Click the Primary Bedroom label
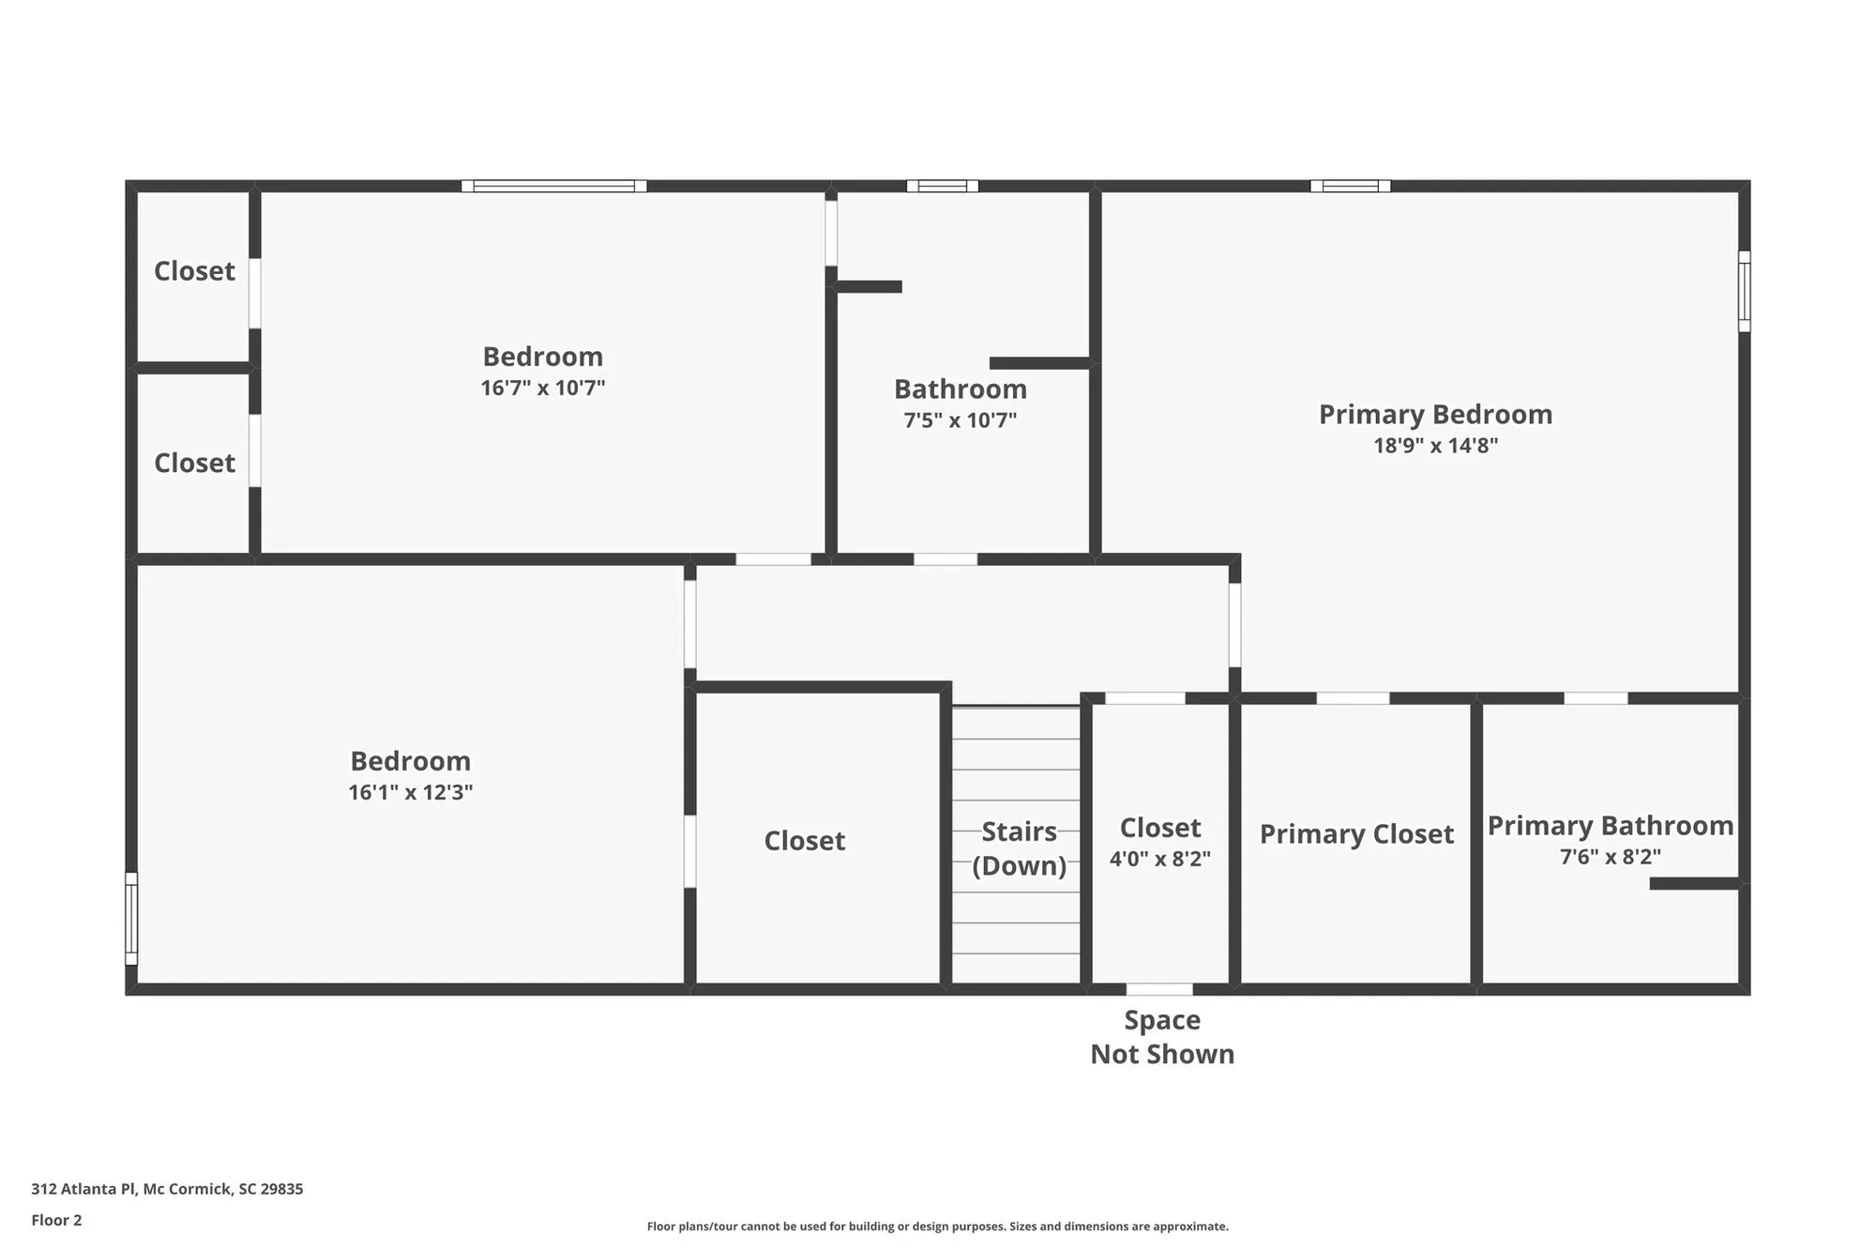[x=1435, y=414]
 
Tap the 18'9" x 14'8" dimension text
[x=1435, y=446]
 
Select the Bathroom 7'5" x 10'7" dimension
[x=960, y=420]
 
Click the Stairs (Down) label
[x=1019, y=848]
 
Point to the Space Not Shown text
[x=1161, y=1037]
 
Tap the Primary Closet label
[x=1355, y=834]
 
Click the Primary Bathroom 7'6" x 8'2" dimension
[x=1610, y=857]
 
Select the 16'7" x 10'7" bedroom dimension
[x=542, y=389]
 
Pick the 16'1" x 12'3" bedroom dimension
[x=410, y=792]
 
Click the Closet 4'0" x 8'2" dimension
[x=1159, y=859]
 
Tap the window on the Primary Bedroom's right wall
[x=1744, y=291]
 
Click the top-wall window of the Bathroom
[x=942, y=186]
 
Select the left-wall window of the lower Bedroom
[x=131, y=919]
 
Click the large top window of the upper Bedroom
[x=553, y=186]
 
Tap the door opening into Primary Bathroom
[x=1596, y=698]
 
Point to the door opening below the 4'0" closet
[x=1159, y=989]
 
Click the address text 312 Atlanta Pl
[x=167, y=1189]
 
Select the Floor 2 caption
[x=56, y=1220]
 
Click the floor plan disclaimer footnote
[x=937, y=1227]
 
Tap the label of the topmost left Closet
[x=194, y=271]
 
